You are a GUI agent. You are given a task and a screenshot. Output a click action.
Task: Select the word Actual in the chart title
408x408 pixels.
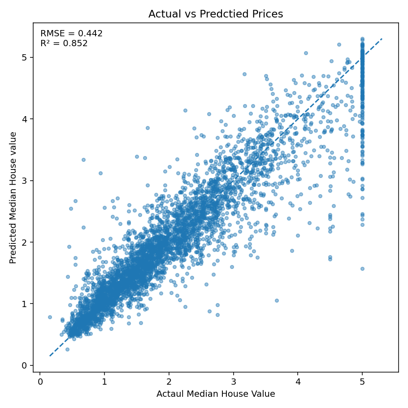pyautogui.click(x=164, y=14)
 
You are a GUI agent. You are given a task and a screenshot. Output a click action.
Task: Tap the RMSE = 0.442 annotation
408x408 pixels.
pyautogui.click(x=71, y=34)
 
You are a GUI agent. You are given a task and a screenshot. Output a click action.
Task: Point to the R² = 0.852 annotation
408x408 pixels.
pyautogui.click(x=64, y=43)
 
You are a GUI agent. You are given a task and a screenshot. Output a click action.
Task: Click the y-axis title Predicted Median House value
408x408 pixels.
pyautogui.click(x=13, y=198)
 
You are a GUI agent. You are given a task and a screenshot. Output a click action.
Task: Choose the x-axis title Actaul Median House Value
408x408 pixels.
pyautogui.click(x=216, y=394)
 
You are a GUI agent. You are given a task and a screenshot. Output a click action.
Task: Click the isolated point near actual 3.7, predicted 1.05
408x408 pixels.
pyautogui.click(x=277, y=300)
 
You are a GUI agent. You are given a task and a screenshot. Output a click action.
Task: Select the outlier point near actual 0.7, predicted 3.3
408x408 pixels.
pyautogui.click(x=83, y=160)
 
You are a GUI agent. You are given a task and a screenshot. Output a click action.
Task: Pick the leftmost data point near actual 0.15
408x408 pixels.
pyautogui.click(x=50, y=317)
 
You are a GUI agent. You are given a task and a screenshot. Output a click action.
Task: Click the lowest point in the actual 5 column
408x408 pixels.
pyautogui.click(x=362, y=269)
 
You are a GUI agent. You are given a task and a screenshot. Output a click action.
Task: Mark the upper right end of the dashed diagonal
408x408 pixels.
pyautogui.click(x=382, y=39)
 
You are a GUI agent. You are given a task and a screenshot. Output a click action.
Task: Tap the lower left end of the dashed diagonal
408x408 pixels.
pyautogui.click(x=50, y=356)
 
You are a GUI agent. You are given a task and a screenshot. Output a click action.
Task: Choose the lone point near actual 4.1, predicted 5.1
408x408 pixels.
pyautogui.click(x=306, y=53)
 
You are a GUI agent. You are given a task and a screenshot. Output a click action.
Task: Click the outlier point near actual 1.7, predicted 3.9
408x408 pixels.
pyautogui.click(x=148, y=128)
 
